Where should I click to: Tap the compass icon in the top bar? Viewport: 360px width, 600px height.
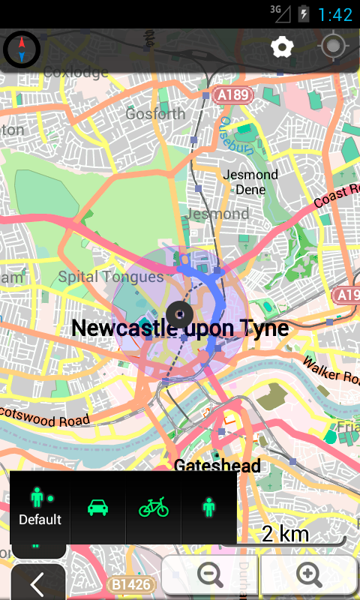pos(22,49)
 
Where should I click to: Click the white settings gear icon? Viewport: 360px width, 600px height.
pos(282,48)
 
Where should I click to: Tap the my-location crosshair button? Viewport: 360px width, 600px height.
pos(334,48)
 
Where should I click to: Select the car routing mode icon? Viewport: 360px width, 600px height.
pos(97,508)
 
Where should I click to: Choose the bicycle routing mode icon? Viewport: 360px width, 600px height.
pos(154,508)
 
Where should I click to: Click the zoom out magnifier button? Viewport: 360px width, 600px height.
pos(210,574)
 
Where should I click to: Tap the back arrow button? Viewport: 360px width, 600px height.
pos(37,583)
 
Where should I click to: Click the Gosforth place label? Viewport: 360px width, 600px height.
pos(155,114)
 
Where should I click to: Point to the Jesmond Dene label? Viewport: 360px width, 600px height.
pos(251,182)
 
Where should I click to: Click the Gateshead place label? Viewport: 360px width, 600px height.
pos(217,466)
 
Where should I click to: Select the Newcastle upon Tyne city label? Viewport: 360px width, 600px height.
pos(180,328)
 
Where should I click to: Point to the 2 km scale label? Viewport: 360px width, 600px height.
pos(285,533)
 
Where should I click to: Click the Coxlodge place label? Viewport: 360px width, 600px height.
pos(76,72)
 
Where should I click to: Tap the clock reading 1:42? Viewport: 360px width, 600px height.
pos(334,13)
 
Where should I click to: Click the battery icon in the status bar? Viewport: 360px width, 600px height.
pos(304,13)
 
